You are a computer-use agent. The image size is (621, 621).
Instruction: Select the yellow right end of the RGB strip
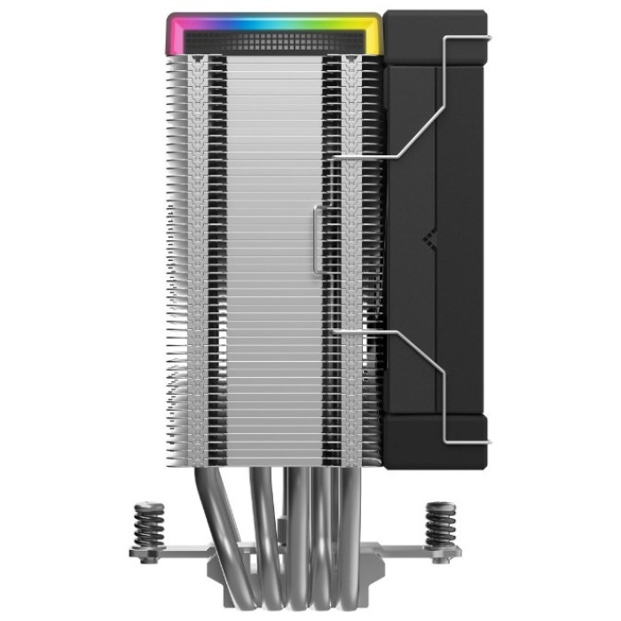pos(376,34)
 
